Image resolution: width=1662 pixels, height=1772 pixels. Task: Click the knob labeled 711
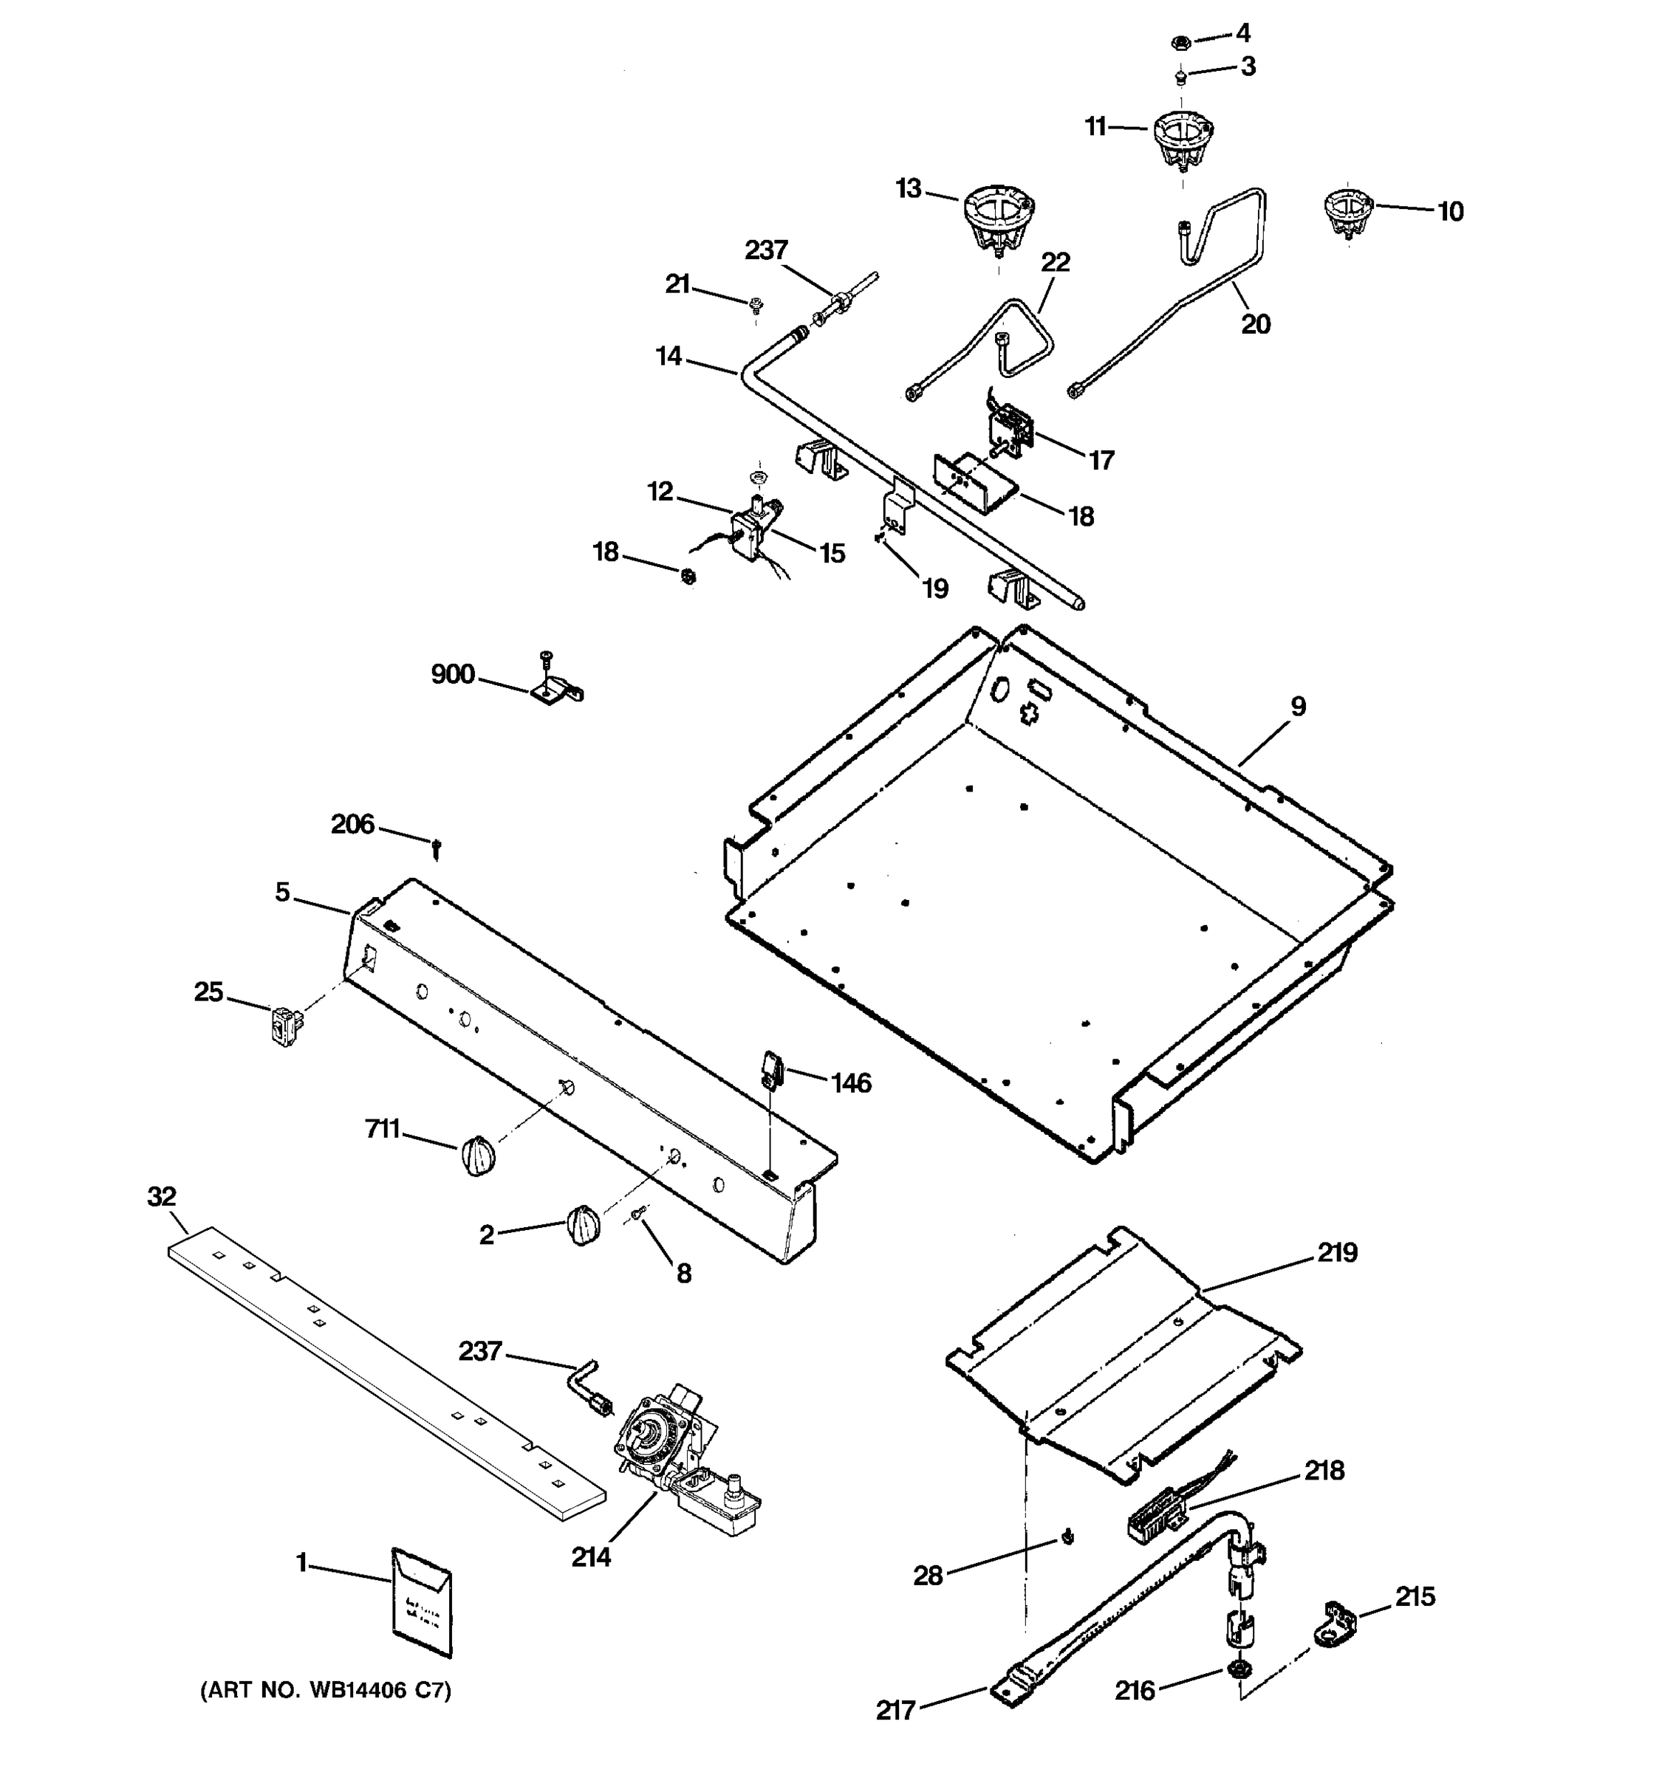[x=478, y=1158]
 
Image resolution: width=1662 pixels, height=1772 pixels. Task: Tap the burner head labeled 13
[x=998, y=219]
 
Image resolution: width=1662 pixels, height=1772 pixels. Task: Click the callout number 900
[x=453, y=675]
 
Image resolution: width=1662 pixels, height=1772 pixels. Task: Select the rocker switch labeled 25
[x=283, y=1024]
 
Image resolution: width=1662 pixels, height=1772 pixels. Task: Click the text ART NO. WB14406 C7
[x=326, y=1690]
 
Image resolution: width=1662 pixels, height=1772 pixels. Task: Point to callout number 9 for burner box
[x=1299, y=707]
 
